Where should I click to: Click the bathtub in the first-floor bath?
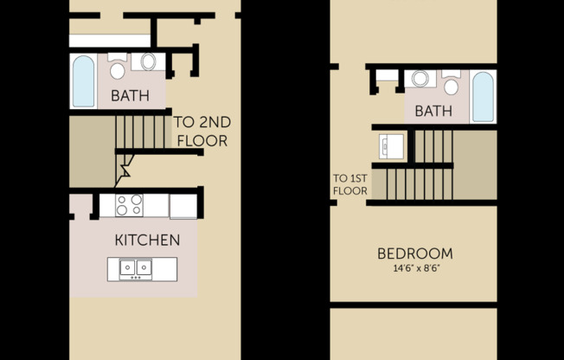point(83,81)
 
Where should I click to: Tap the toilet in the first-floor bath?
point(118,67)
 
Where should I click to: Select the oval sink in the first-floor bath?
point(148,62)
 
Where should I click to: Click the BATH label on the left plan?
point(131,94)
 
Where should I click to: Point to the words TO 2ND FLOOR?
point(202,131)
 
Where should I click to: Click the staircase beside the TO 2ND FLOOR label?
point(141,131)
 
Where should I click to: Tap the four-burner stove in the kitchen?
point(130,205)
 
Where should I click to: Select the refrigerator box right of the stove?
point(183,206)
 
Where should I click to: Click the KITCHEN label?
point(147,240)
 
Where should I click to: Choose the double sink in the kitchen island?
point(135,268)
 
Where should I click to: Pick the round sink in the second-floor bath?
point(420,79)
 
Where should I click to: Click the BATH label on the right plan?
point(433,111)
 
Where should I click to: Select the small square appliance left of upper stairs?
point(392,145)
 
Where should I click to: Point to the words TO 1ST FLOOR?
point(350,185)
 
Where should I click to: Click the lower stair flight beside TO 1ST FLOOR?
point(419,183)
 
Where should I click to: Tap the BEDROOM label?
point(414,254)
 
